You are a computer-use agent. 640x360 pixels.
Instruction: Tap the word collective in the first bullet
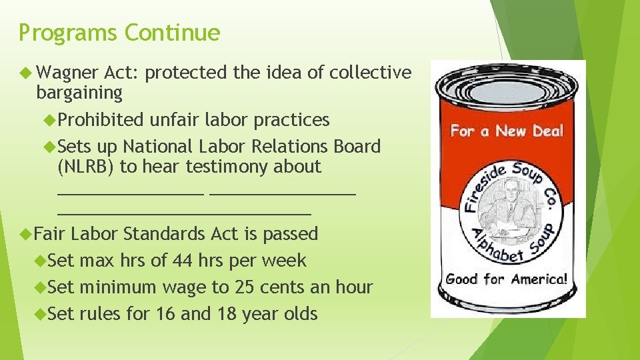(x=370, y=72)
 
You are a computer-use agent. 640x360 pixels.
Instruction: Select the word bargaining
(x=79, y=93)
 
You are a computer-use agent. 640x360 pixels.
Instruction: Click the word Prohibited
(x=101, y=120)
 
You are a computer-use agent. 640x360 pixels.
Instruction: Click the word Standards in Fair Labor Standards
(x=164, y=234)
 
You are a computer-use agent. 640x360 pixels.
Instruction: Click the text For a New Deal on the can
(x=507, y=131)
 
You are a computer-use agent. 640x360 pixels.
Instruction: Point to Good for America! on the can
(x=507, y=279)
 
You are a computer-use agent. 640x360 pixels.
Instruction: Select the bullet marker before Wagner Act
(x=26, y=72)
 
